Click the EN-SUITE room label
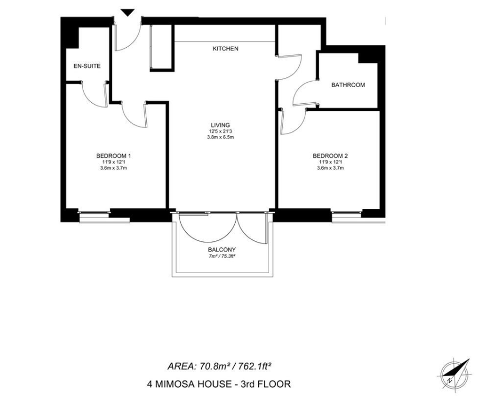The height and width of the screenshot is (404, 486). coord(87,66)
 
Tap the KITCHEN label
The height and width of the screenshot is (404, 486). coord(226,49)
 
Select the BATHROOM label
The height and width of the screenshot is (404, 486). coord(348,85)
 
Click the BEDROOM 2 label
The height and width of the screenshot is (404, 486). coord(330,156)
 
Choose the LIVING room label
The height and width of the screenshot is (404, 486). coord(220,125)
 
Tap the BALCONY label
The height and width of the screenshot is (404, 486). coord(222,249)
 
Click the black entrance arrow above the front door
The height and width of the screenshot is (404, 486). coord(127,13)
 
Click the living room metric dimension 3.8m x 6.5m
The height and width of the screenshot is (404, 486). coord(220,137)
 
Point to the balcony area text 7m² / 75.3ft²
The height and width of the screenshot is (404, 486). coord(222,256)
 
